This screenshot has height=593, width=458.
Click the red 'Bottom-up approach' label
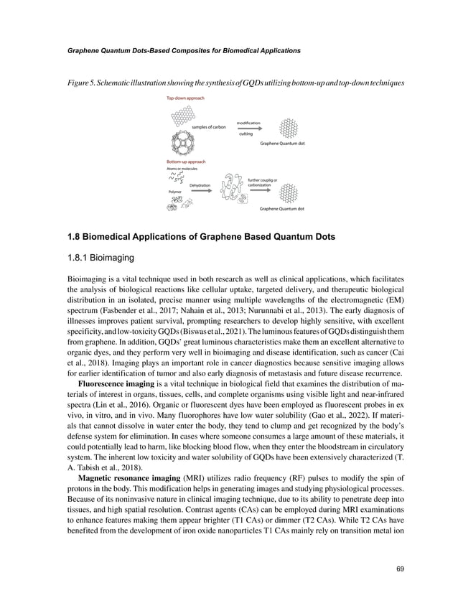[x=186, y=162]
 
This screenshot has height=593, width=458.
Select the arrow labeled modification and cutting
[x=249, y=129]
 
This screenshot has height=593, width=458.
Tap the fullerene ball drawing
[x=182, y=142]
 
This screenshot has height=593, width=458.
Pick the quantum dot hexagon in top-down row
[x=288, y=128]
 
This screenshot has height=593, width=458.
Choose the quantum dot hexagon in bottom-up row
[x=288, y=192]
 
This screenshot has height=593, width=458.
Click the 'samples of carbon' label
[x=209, y=127]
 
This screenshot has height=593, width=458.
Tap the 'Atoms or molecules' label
[x=183, y=169]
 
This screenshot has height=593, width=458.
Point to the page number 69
[x=401, y=569]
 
